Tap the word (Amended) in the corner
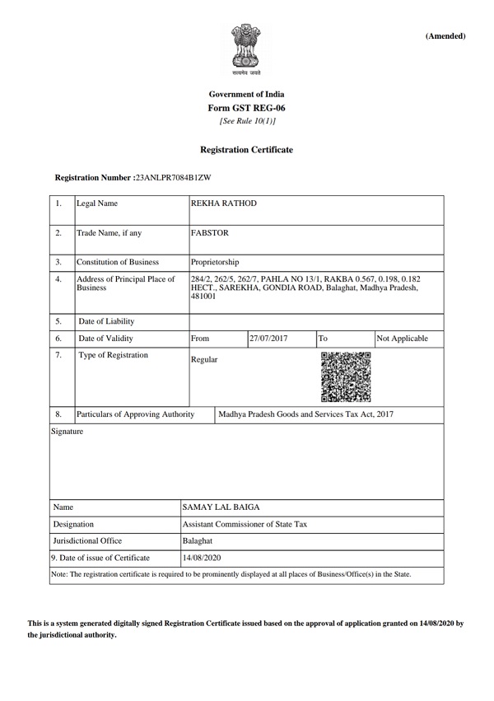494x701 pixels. pos(445,36)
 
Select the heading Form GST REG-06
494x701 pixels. pos(247,108)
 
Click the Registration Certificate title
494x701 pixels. pos(247,150)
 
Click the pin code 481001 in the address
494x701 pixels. pos(203,297)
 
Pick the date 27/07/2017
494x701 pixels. pos(268,339)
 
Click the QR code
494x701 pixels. pos(345,375)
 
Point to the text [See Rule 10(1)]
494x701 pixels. pos(247,122)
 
